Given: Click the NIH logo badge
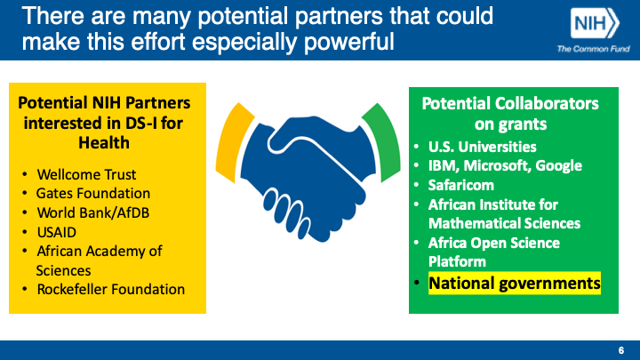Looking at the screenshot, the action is (x=595, y=23).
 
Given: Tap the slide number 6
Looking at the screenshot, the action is (x=621, y=350).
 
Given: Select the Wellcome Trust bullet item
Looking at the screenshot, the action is (x=86, y=175).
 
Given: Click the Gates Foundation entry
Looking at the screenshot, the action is (x=93, y=194).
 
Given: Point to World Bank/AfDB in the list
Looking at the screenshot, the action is (x=93, y=212).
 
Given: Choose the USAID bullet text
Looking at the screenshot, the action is (x=56, y=232).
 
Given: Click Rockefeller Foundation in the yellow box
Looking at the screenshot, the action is (x=110, y=290).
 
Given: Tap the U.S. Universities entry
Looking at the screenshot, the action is (x=482, y=147).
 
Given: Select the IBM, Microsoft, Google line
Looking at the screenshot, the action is (x=505, y=165).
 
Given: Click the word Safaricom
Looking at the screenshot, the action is (x=460, y=185).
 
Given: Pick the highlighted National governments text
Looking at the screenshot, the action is (x=515, y=284).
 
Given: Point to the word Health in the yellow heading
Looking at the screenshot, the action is (x=104, y=143).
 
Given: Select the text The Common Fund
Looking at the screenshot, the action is (x=593, y=49).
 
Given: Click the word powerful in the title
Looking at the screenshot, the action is (x=349, y=43).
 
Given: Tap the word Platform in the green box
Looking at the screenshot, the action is (x=457, y=261).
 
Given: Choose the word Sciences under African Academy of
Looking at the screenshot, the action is (x=63, y=270).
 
